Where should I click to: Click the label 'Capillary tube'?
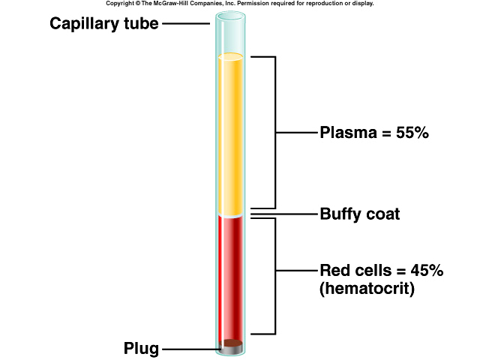pos(104,23)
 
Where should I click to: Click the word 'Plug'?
pos(140,349)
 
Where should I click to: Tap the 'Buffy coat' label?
pos(360,214)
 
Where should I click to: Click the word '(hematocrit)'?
pos(367,288)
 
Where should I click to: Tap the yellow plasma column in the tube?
pos(229,135)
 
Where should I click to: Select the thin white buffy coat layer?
pos(229,214)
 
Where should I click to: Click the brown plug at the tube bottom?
pos(230,346)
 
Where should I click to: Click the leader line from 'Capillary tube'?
pos(186,23)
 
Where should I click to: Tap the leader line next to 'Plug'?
pos(187,349)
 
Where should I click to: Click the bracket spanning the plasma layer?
pos(276,133)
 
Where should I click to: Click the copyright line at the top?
pos(239,4)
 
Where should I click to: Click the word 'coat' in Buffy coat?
pos(382,214)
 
